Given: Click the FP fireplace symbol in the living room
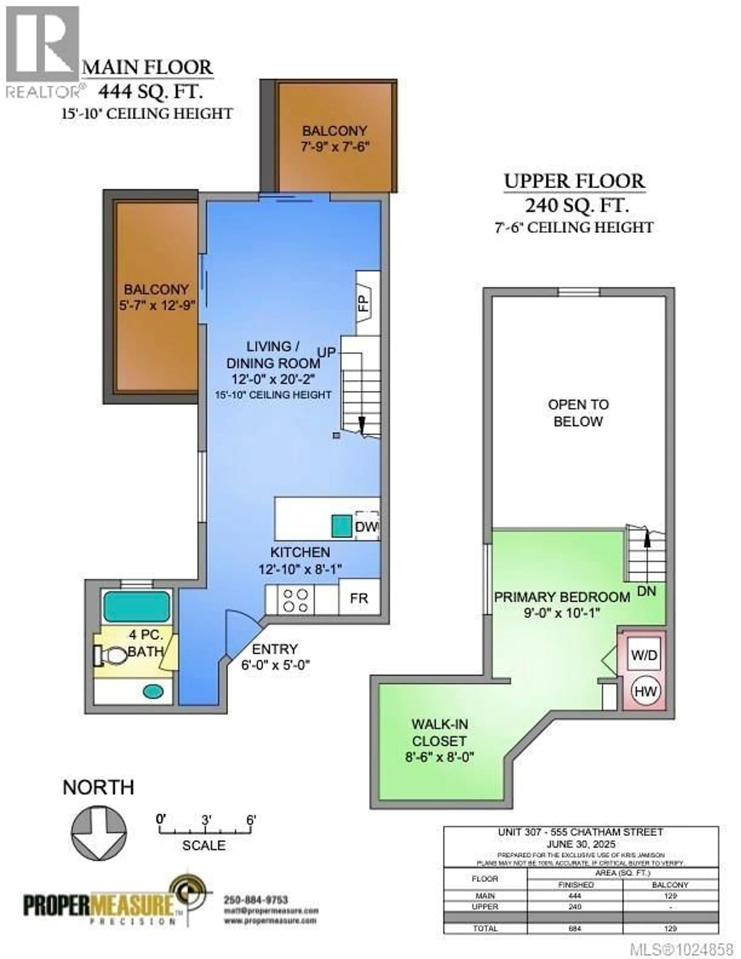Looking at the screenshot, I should click(365, 302).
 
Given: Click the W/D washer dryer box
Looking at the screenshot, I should click(644, 655).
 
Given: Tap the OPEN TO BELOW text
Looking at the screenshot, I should click(578, 413).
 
